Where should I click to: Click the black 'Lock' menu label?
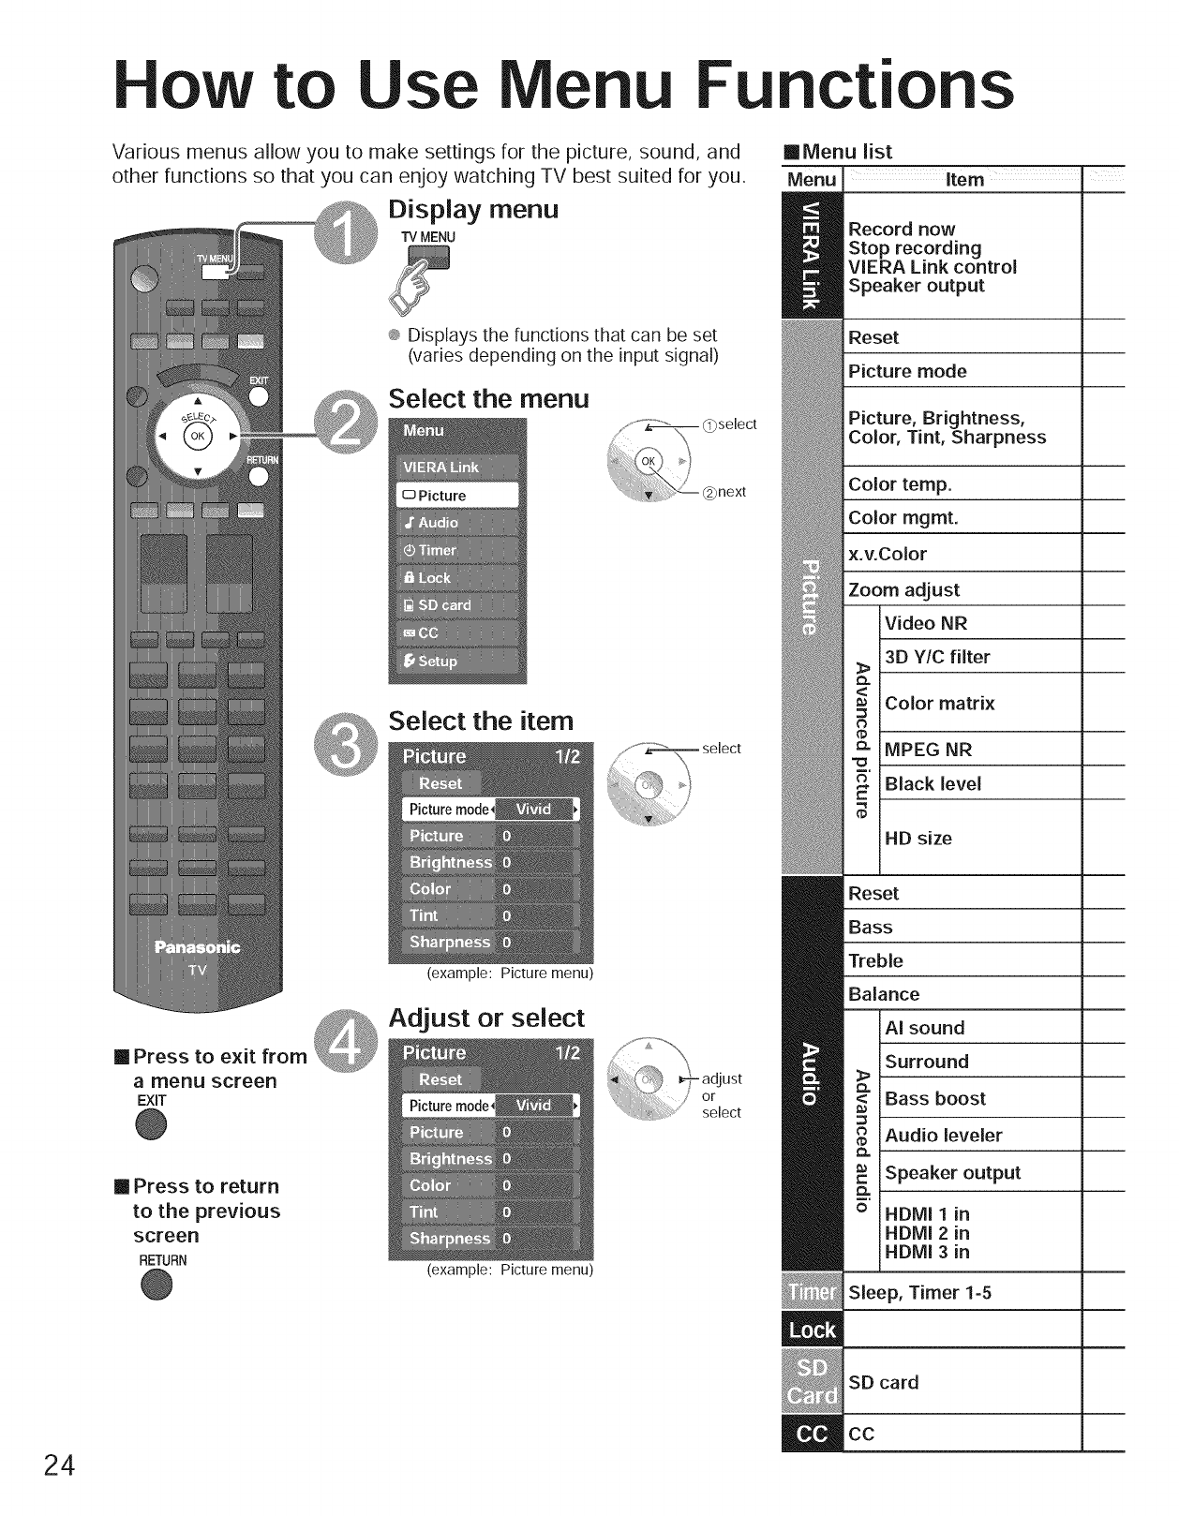click(812, 1331)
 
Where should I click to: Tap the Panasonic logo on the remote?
click(197, 947)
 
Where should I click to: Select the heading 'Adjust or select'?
click(485, 1018)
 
